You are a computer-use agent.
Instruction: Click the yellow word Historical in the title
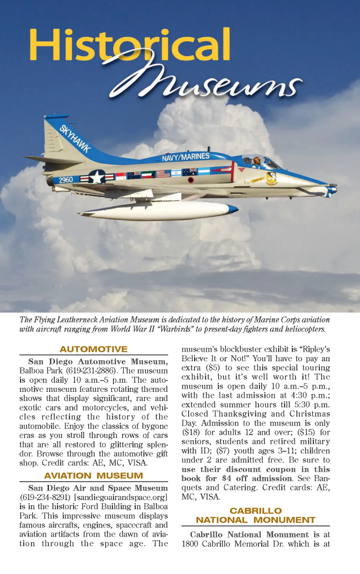tap(129, 45)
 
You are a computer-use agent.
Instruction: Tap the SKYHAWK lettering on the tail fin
tap(75, 139)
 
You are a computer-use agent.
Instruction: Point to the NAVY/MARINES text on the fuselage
tap(186, 157)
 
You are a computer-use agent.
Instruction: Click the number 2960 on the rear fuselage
tap(66, 180)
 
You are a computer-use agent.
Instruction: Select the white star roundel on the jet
tap(97, 176)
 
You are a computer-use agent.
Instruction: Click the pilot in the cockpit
tap(257, 161)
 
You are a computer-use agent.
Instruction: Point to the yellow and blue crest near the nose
tap(271, 178)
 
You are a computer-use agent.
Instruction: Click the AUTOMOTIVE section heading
tap(94, 349)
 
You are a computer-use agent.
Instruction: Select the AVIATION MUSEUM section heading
tap(94, 476)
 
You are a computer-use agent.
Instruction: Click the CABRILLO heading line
tap(256, 511)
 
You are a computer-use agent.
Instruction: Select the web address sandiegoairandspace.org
tap(122, 497)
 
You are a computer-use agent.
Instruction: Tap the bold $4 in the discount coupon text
tap(226, 478)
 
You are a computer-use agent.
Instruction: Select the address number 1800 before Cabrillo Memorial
tap(190, 544)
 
